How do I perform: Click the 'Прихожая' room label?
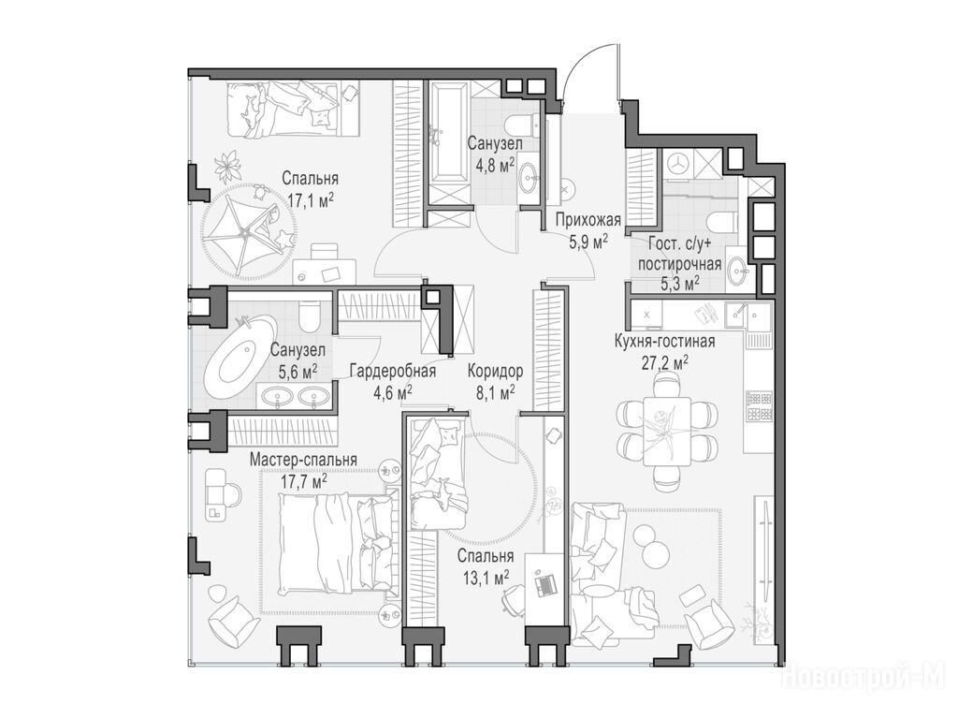tap(588, 220)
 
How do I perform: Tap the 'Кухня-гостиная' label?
tap(665, 341)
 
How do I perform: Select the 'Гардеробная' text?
tap(393, 371)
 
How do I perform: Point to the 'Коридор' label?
tap(496, 371)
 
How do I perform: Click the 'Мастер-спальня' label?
tap(303, 460)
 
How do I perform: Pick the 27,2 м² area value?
tap(664, 363)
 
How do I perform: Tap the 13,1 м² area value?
tap(486, 577)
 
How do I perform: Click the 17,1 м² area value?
tap(310, 200)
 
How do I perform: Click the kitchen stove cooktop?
tap(758, 406)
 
